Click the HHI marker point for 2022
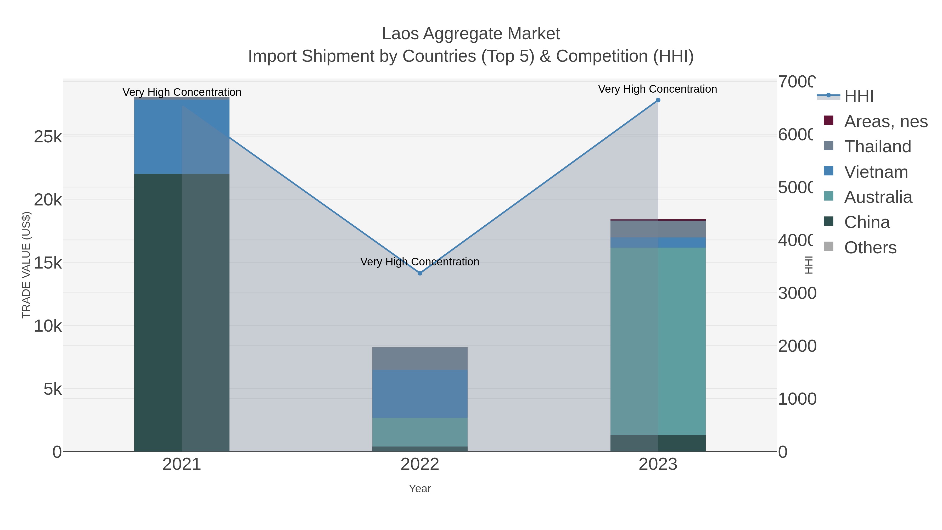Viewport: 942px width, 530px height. (x=420, y=273)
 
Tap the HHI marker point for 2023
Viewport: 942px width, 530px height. (x=658, y=100)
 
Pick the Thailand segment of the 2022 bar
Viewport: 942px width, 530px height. (x=420, y=359)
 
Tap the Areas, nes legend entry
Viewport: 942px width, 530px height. (x=885, y=121)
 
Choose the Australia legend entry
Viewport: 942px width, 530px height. (x=878, y=197)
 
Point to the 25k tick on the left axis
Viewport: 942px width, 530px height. (x=48, y=137)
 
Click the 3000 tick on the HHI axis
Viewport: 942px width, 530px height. (x=797, y=293)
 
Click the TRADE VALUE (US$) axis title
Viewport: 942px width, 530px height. (x=26, y=265)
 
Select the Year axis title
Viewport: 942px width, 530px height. (x=420, y=489)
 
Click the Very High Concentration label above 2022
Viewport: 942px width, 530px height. (x=419, y=262)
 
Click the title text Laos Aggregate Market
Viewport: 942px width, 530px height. (x=471, y=34)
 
